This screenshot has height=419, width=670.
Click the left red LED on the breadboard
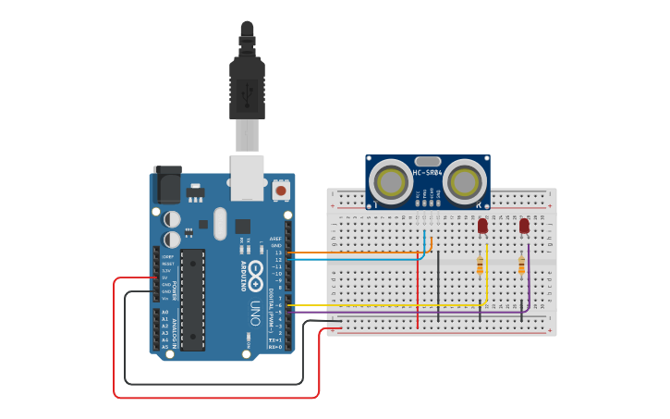click(x=482, y=226)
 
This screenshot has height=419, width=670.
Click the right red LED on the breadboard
click(x=524, y=226)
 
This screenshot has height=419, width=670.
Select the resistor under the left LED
click(x=480, y=266)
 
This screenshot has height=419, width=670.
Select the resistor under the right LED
click(x=521, y=266)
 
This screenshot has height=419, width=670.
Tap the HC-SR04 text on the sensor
click(x=427, y=173)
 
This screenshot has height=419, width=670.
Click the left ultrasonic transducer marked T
click(x=391, y=181)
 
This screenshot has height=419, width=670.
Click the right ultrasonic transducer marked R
click(x=464, y=181)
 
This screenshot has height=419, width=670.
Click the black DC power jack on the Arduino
click(x=166, y=185)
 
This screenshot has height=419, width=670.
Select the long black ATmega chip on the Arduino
click(x=192, y=299)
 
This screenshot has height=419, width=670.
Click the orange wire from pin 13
click(x=360, y=252)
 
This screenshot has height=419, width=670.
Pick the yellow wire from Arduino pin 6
click(x=388, y=305)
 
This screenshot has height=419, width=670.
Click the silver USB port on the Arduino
click(x=246, y=178)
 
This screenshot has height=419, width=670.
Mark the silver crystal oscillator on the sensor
click(x=427, y=161)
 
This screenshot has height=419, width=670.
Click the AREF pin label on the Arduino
click(x=275, y=238)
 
